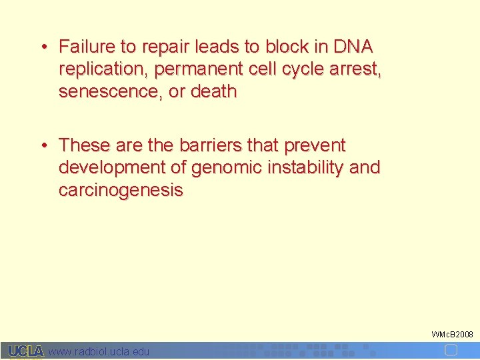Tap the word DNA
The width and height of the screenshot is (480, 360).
pos(353,47)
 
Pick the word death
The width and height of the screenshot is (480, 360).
pos(213,92)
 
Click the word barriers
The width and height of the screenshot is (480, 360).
pos(201,145)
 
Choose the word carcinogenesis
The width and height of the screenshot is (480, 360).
pos(121,191)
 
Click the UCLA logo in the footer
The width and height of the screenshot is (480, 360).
pos(26,351)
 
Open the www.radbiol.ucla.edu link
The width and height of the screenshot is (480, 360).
pos(99,351)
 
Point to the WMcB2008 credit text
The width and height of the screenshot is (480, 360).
pos(452,333)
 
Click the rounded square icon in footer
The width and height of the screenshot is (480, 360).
pos(451,350)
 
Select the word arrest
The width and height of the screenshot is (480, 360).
pos(359,69)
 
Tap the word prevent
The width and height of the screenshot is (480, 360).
pos(315,145)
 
